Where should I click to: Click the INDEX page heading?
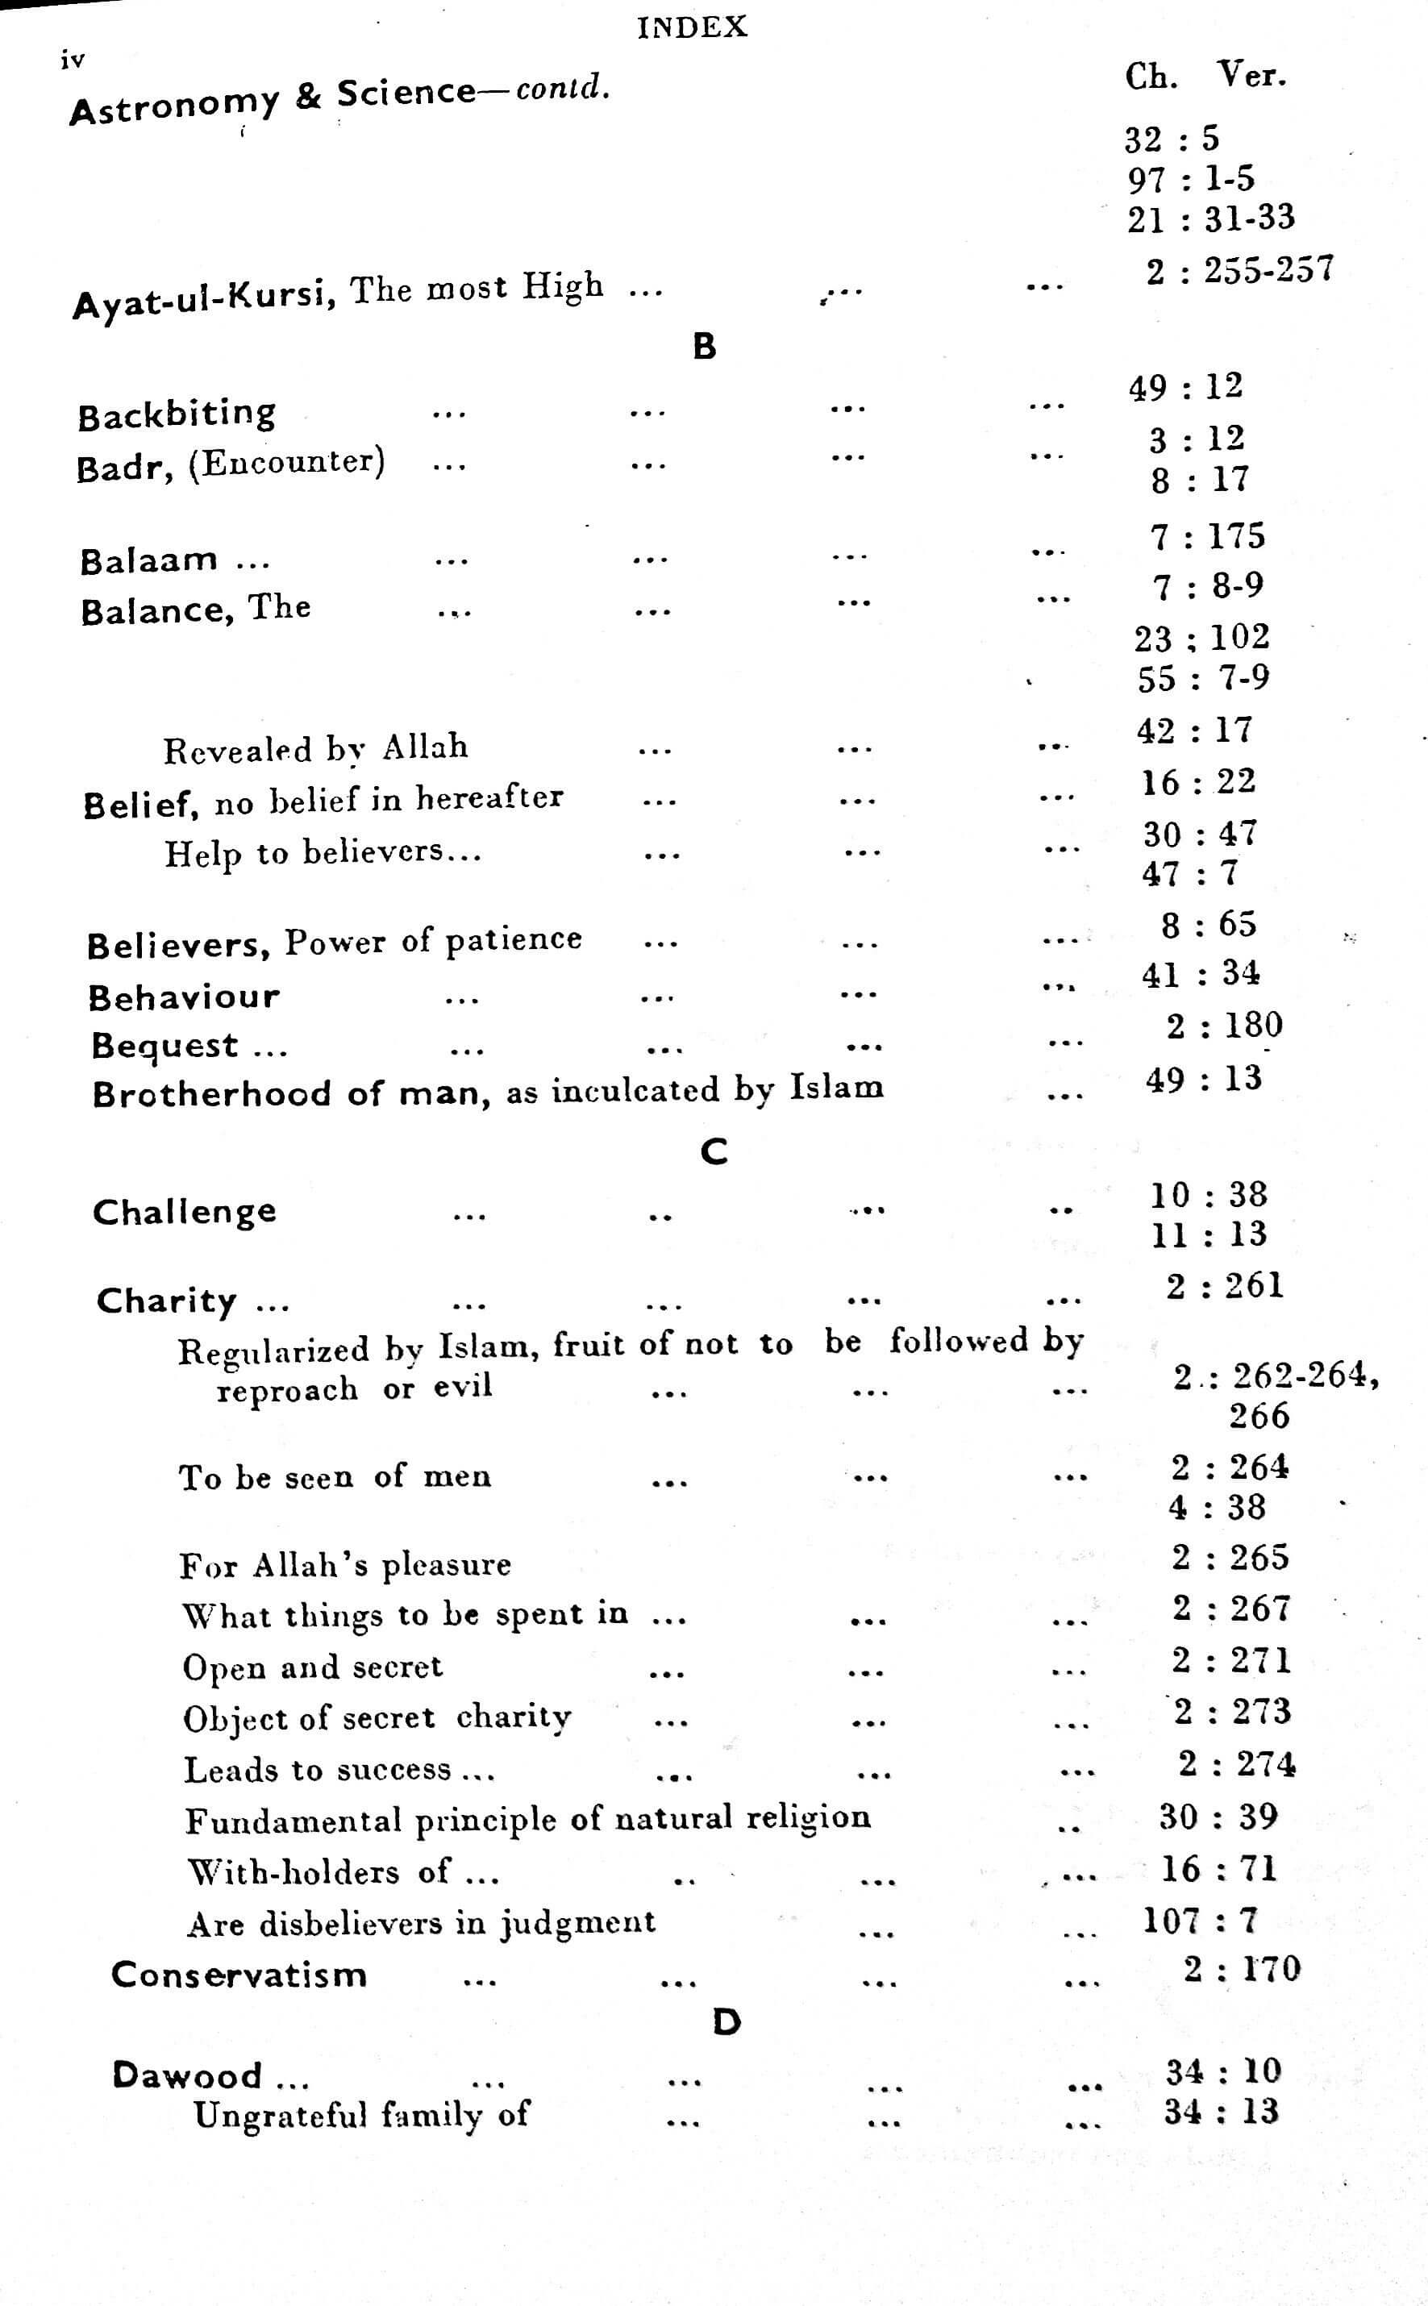[x=693, y=27]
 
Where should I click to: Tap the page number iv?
[x=73, y=60]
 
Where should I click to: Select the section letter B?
[x=705, y=347]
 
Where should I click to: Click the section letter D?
[x=726, y=2021]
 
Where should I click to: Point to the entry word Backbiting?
[x=177, y=414]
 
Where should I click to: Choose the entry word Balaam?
[x=149, y=561]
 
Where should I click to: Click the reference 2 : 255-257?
[x=1239, y=271]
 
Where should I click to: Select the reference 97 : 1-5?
[x=1190, y=178]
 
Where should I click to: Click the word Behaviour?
[x=184, y=997]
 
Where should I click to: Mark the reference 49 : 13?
[x=1203, y=1078]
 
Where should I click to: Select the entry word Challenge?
[x=184, y=1212]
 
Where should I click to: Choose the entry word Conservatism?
[x=239, y=1975]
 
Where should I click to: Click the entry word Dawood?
[x=187, y=2075]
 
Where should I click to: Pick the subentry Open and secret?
[x=313, y=1667]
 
